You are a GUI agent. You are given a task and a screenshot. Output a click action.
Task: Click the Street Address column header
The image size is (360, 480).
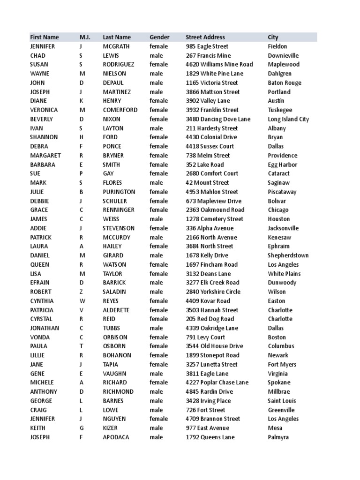(x=205, y=37)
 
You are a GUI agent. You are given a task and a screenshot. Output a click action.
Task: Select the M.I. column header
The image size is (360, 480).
(x=85, y=37)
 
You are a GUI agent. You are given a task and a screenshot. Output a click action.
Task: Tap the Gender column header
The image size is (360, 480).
(x=159, y=37)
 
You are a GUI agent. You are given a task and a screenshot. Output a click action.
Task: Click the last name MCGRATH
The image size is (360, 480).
(x=116, y=46)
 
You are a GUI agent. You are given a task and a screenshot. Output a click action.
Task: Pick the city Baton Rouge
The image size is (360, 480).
(x=285, y=83)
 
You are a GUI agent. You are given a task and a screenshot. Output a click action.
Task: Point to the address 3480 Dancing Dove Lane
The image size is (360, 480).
(x=218, y=119)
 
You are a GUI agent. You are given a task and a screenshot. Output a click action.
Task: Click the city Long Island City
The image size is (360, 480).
(x=288, y=119)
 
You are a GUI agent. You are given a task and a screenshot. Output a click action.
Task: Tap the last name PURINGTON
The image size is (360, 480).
(x=119, y=192)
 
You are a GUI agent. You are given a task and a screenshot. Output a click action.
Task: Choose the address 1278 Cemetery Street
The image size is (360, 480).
(x=214, y=219)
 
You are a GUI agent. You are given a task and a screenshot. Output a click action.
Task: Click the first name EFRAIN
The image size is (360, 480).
(x=40, y=283)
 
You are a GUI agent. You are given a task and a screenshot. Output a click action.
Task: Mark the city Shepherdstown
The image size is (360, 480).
(x=288, y=255)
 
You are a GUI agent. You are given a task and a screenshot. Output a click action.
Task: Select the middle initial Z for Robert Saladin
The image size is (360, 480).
(x=81, y=292)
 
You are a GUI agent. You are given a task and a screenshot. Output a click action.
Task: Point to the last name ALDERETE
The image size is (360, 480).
(x=116, y=310)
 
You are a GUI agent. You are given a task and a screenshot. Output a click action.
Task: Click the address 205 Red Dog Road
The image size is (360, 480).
(x=210, y=319)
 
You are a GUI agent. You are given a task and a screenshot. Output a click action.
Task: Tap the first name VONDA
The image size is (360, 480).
(x=39, y=337)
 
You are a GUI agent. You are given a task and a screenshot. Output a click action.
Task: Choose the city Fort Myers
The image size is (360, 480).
(x=282, y=364)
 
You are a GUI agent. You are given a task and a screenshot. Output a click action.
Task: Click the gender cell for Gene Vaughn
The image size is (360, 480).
(x=156, y=374)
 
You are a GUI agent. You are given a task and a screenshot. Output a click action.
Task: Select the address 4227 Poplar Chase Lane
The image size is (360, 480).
(x=217, y=382)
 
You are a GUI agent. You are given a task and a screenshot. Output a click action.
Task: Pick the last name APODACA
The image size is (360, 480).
(x=116, y=437)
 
